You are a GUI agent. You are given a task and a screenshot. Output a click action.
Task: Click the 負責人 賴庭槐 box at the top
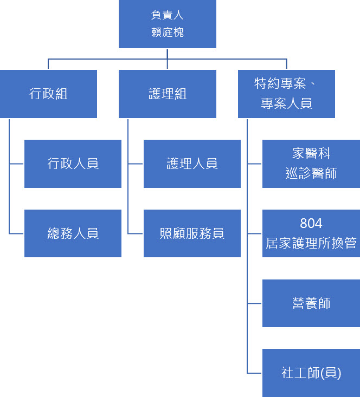pyautogui.click(x=167, y=24)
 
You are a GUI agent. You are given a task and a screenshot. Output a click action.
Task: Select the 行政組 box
pyautogui.click(x=48, y=94)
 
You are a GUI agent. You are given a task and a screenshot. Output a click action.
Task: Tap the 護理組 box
pyautogui.click(x=167, y=94)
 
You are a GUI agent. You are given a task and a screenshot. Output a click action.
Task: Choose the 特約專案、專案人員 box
pyautogui.click(x=286, y=94)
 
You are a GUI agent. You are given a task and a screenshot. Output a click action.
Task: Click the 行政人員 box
pyautogui.click(x=73, y=164)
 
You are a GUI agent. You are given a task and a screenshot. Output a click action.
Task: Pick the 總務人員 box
pyautogui.click(x=73, y=233)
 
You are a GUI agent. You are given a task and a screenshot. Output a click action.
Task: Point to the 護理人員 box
pyautogui.click(x=192, y=164)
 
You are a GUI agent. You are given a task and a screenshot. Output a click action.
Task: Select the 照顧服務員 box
pyautogui.click(x=192, y=233)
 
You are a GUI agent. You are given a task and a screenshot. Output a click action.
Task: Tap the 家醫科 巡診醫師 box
pyautogui.click(x=311, y=164)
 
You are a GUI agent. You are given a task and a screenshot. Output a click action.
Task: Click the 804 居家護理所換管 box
pyautogui.click(x=311, y=233)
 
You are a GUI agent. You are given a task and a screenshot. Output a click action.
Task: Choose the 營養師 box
pyautogui.click(x=311, y=303)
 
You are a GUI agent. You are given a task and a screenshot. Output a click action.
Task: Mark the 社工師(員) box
pyautogui.click(x=311, y=373)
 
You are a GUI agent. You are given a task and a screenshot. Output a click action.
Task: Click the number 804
pyautogui.click(x=311, y=224)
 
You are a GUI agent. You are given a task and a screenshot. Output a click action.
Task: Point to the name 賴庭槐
pyautogui.click(x=168, y=32)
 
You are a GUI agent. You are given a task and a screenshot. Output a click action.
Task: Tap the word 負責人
pyautogui.click(x=168, y=16)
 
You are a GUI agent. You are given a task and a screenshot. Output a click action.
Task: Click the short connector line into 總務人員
pyautogui.click(x=17, y=233)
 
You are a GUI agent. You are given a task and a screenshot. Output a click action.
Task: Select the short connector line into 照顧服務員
pyautogui.click(x=136, y=233)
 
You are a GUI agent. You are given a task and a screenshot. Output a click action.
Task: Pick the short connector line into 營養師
pyautogui.click(x=255, y=303)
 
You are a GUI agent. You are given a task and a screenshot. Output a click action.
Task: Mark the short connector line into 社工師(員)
pyautogui.click(x=255, y=373)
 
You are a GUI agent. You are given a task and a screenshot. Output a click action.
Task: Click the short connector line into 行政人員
pyautogui.click(x=17, y=164)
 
